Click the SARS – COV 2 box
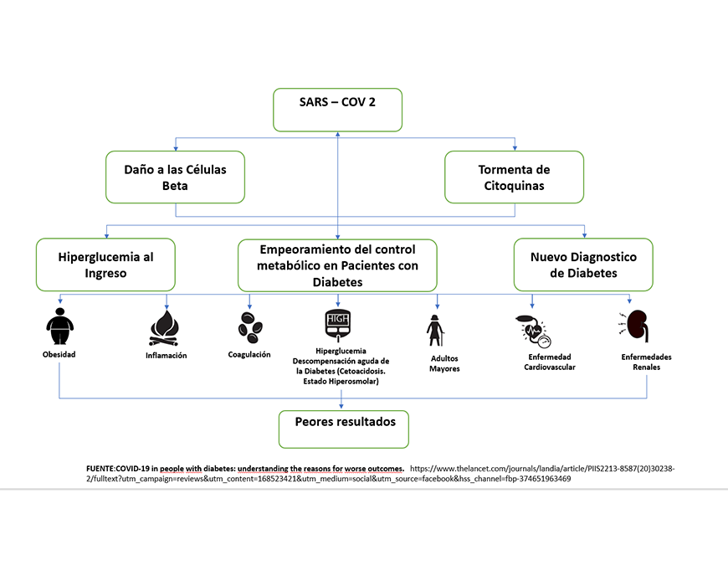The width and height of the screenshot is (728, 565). click(x=337, y=109)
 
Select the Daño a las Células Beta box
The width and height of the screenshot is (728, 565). click(x=176, y=177)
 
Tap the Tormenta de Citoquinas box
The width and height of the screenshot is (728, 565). click(x=514, y=177)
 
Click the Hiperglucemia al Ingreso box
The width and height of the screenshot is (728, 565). click(x=105, y=264)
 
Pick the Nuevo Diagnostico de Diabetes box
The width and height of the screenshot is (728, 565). click(x=584, y=264)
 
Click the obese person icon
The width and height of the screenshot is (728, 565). click(x=59, y=326)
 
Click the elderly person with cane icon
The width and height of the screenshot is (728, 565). click(x=436, y=330)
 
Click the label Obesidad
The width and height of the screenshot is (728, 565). click(x=59, y=354)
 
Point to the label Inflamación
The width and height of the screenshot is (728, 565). click(x=166, y=356)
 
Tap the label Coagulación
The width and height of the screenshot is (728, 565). click(x=249, y=354)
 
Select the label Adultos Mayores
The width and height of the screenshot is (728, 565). click(x=444, y=363)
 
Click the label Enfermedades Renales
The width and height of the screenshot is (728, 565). click(x=646, y=362)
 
